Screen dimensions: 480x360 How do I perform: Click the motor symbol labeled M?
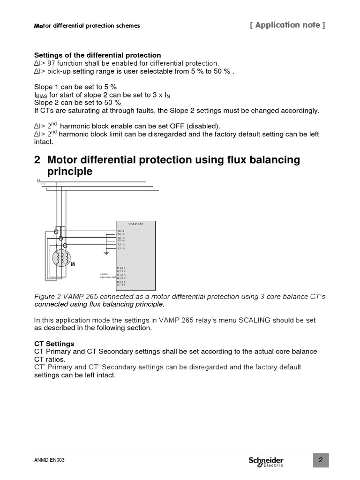tap(60, 257)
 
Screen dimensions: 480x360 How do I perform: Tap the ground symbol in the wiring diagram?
tap(106, 254)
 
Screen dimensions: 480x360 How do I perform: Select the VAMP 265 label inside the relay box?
tap(135, 224)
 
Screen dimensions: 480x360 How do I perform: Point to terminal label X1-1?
tap(121, 231)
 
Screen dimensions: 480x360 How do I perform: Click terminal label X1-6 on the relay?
tap(121, 248)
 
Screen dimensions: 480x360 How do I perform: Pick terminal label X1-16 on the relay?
tap(121, 285)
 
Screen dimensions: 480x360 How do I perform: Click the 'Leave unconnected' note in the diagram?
tap(107, 275)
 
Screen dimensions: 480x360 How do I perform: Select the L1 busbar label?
tap(38, 180)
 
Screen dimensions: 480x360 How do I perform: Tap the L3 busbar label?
tap(48, 188)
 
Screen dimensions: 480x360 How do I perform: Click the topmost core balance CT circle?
tap(56, 231)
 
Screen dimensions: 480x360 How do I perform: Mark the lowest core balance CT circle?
tap(65, 245)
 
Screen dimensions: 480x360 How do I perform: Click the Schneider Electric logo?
tap(266, 461)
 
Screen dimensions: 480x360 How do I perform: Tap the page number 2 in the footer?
tap(321, 460)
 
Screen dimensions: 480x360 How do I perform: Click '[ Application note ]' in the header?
tap(287, 25)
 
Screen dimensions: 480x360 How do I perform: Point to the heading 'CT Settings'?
tap(54, 344)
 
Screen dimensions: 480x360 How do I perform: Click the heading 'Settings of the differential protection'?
tap(97, 55)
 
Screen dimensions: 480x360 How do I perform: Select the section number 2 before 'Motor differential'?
tap(37, 160)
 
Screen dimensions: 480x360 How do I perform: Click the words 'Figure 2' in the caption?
tap(48, 297)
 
